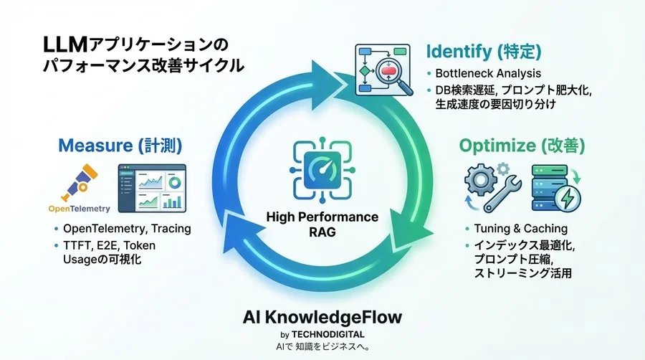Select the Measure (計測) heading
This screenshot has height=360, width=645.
coord(120,146)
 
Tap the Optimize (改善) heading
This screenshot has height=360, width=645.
coord(522,146)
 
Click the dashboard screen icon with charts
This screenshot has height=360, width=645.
coord(151,188)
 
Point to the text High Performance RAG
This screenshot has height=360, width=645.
coord(322,224)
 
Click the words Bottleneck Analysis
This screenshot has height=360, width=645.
coord(489,73)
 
